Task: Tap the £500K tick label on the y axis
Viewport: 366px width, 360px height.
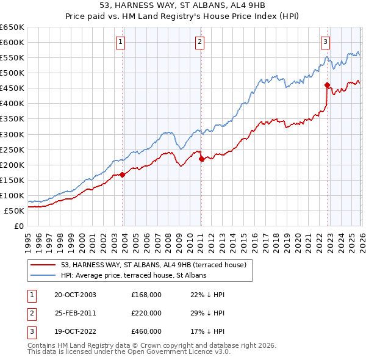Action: [12, 73]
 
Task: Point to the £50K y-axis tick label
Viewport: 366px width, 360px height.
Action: [15, 211]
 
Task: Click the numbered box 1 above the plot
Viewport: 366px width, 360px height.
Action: [121, 42]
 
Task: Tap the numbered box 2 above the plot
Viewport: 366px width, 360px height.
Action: [199, 42]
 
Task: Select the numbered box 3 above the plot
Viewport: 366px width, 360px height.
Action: [326, 42]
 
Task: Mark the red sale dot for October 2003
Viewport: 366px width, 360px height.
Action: [123, 175]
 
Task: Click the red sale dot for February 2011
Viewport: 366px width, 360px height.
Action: [201, 159]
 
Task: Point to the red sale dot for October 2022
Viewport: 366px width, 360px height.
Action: [328, 85]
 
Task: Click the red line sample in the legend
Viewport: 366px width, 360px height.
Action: [43, 265]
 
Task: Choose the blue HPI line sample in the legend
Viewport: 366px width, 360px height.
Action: [43, 275]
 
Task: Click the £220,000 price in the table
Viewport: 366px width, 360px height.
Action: [146, 313]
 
